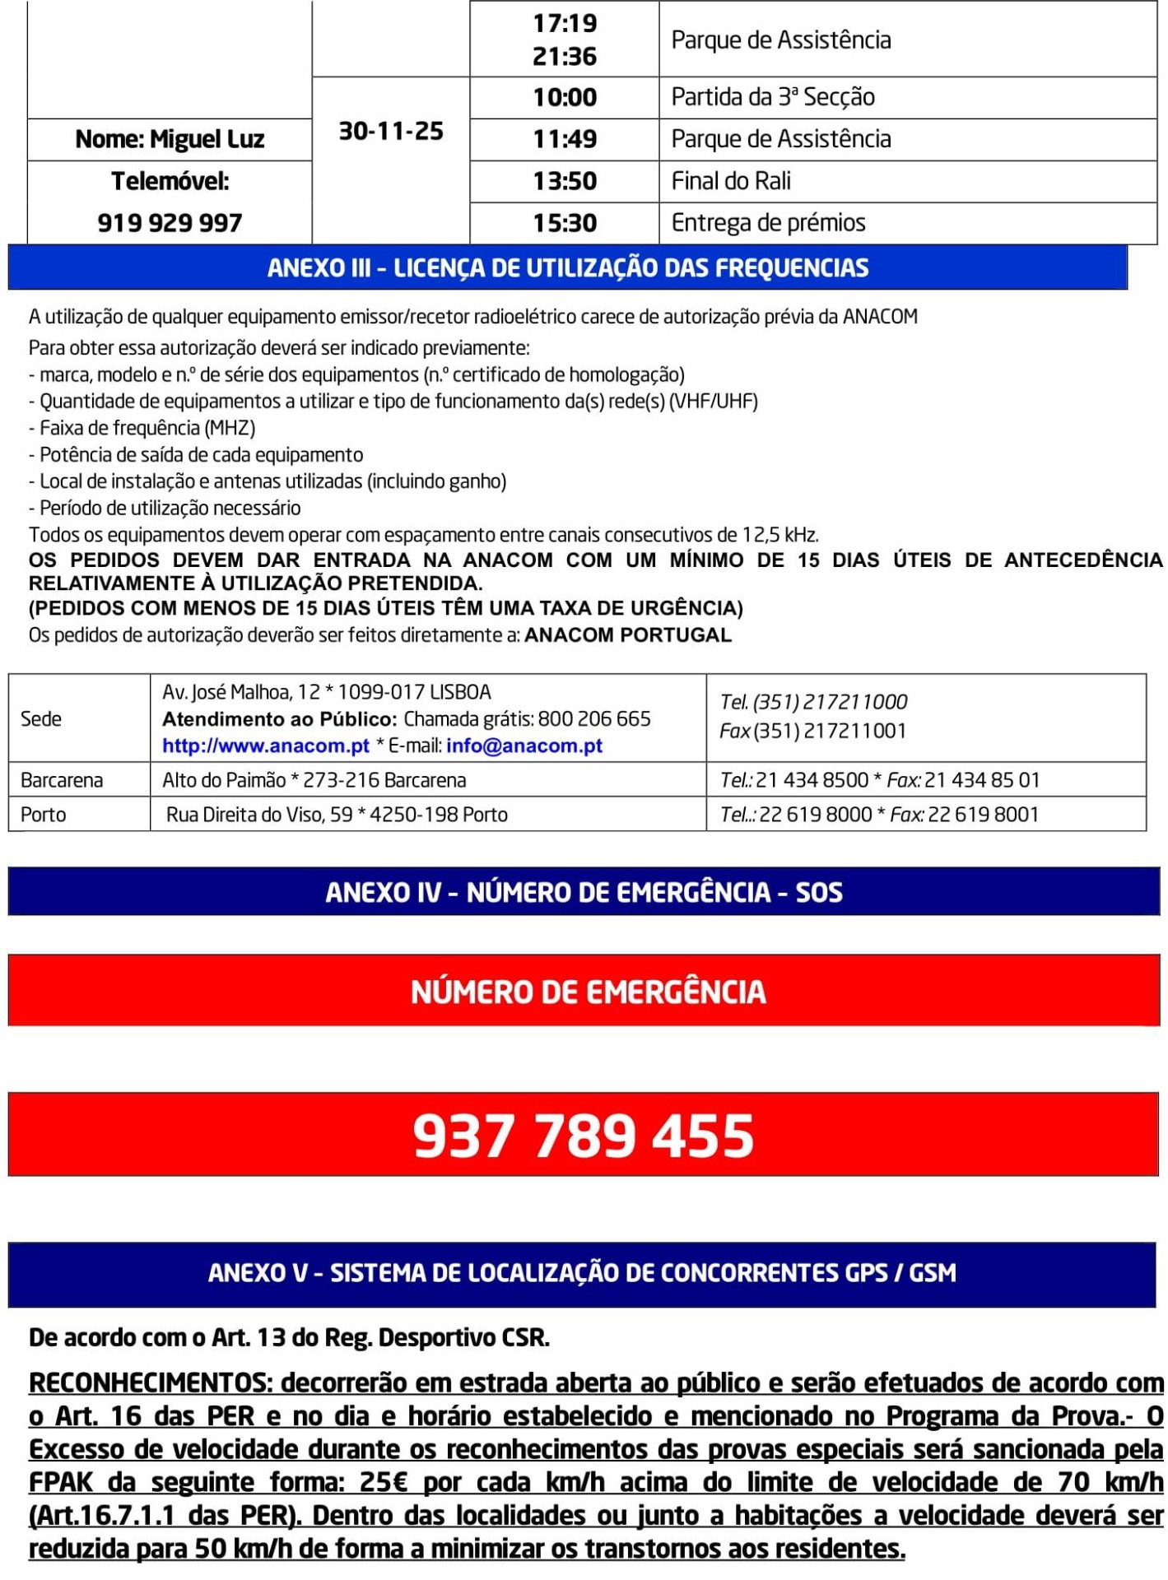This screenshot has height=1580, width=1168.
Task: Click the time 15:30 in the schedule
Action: click(565, 223)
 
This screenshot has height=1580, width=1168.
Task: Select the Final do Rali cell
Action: click(731, 181)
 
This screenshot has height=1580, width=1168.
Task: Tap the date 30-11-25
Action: click(391, 131)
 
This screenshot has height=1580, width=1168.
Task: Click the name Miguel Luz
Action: click(170, 139)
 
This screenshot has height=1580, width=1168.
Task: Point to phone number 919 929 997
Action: click(170, 223)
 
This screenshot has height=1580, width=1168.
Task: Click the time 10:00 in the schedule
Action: click(565, 97)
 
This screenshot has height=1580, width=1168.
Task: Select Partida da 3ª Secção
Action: click(773, 97)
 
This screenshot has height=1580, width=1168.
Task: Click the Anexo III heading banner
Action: click(568, 268)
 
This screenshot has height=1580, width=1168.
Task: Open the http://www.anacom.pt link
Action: click(265, 746)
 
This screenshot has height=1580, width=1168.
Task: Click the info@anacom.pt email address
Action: click(524, 746)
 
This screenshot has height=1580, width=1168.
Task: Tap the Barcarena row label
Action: click(62, 780)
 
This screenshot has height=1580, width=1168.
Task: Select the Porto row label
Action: click(43, 815)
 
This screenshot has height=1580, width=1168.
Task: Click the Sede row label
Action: click(41, 719)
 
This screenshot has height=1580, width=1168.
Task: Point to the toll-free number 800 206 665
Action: click(594, 719)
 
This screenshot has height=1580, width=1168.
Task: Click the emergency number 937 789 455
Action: click(584, 1136)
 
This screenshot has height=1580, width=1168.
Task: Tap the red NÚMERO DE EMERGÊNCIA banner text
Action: click(588, 992)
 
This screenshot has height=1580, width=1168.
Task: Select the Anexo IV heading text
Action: click(584, 893)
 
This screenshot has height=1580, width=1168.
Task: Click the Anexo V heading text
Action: click(582, 1273)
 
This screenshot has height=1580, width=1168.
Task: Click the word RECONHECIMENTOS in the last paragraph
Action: click(149, 1383)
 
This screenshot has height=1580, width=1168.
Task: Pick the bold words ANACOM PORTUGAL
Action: click(628, 635)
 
